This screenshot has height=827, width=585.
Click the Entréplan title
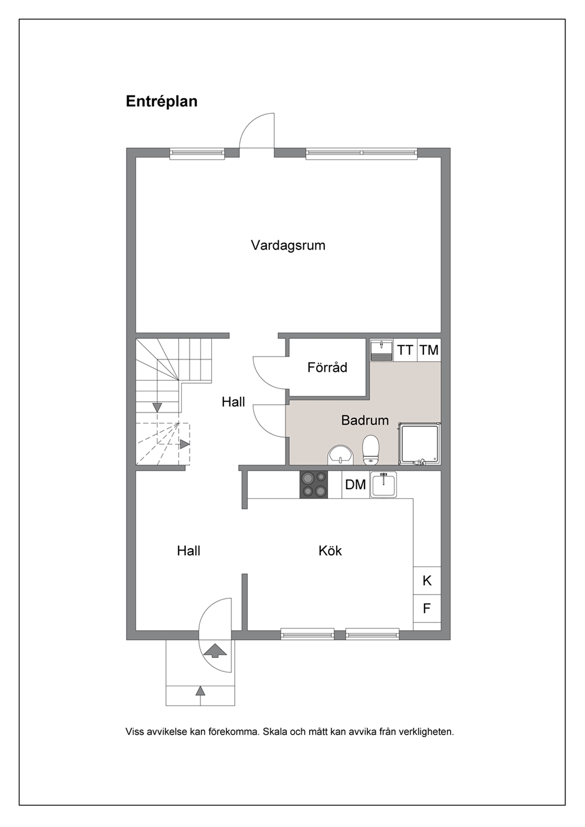(x=162, y=101)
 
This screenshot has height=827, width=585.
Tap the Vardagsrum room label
(x=288, y=245)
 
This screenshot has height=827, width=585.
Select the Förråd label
(x=327, y=367)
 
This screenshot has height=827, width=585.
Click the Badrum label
(x=365, y=420)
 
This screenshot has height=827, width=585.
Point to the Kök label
(x=330, y=551)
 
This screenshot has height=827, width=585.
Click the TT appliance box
(x=405, y=350)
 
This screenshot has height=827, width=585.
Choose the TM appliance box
(x=429, y=350)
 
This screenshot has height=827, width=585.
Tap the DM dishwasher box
(x=355, y=485)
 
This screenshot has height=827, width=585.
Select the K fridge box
(x=427, y=581)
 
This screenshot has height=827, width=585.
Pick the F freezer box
(x=427, y=608)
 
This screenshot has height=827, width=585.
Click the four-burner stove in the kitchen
(x=314, y=485)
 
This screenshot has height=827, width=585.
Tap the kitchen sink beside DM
(x=383, y=485)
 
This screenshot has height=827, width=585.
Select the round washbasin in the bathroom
(x=340, y=455)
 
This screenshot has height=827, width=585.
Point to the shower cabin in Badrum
(x=420, y=444)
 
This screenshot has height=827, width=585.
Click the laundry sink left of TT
(x=382, y=350)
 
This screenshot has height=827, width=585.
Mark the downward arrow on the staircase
(x=157, y=407)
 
